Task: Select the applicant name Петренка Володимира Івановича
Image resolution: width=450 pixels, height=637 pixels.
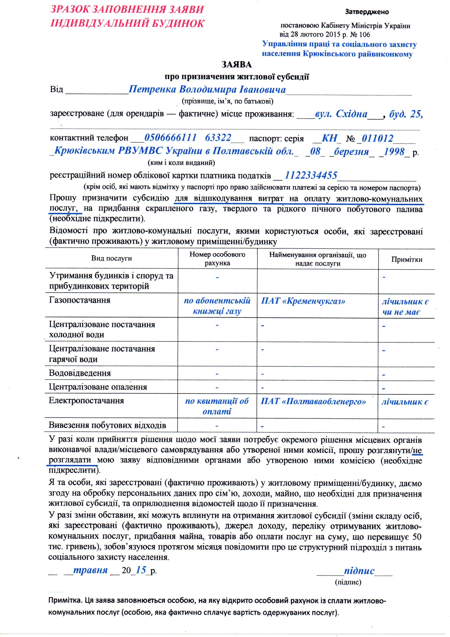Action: point(207,90)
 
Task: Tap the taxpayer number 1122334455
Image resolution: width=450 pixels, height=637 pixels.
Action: point(311,175)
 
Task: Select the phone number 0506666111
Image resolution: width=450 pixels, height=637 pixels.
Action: point(170,138)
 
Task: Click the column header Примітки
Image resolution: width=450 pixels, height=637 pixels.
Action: point(406,259)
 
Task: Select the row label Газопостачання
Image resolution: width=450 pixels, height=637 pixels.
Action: point(80,300)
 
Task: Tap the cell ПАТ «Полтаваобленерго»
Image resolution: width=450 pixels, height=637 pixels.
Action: point(313,401)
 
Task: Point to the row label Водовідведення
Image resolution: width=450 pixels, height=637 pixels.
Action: point(80,373)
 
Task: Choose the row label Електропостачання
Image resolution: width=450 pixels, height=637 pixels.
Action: point(86,401)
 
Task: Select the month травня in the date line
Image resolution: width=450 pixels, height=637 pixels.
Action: point(90,570)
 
